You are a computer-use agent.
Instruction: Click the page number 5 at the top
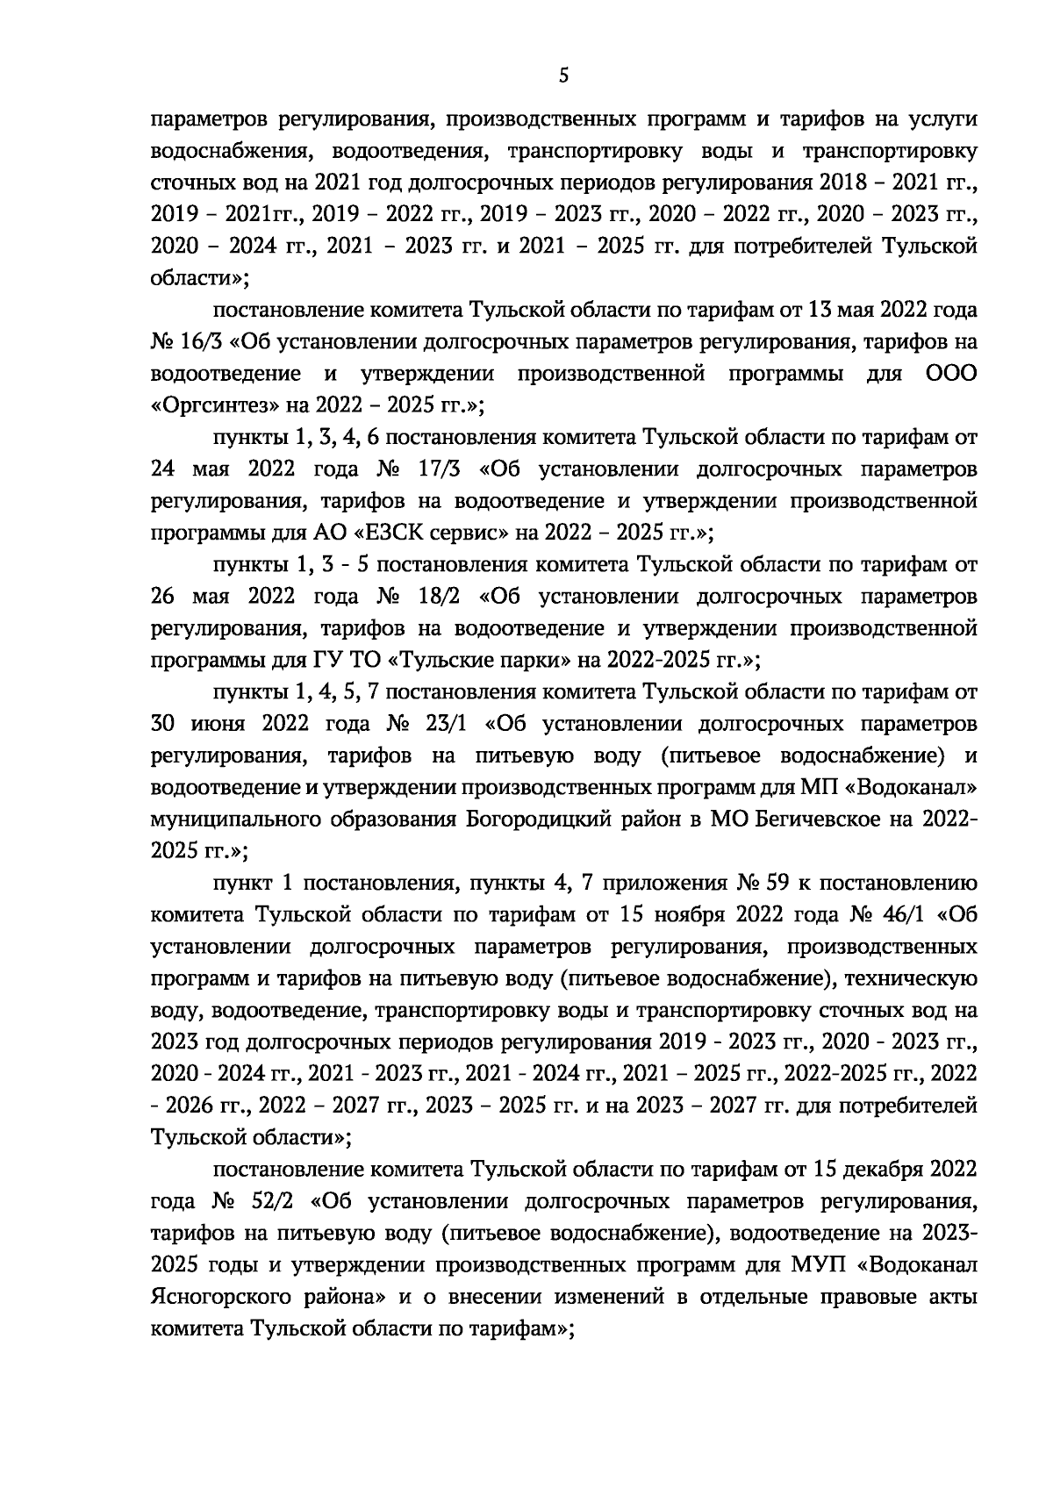coord(563,76)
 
